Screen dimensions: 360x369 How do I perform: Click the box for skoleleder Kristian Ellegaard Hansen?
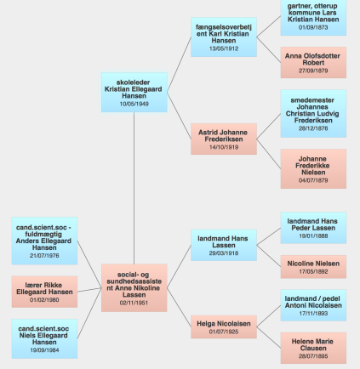pyautogui.click(x=134, y=93)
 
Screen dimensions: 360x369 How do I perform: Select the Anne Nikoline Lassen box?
pyautogui.click(x=134, y=288)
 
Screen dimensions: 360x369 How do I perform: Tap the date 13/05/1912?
pyautogui.click(x=224, y=48)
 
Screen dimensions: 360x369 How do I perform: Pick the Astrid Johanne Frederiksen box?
pyautogui.click(x=224, y=139)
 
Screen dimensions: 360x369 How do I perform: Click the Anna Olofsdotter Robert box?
pyautogui.click(x=313, y=63)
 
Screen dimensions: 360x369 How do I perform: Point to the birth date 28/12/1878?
pyautogui.click(x=313, y=128)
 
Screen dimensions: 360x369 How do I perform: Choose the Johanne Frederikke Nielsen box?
pyautogui.click(x=313, y=169)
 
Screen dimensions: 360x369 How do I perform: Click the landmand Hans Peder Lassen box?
pyautogui.click(x=313, y=228)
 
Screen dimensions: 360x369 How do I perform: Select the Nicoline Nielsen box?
pyautogui.click(x=313, y=267)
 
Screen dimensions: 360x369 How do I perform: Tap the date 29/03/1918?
pyautogui.click(x=224, y=253)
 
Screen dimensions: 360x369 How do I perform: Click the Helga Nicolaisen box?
pyautogui.click(x=224, y=326)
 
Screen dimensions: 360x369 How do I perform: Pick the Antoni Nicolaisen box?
pyautogui.click(x=313, y=305)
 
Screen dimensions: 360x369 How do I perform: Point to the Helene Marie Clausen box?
pyautogui.click(x=313, y=348)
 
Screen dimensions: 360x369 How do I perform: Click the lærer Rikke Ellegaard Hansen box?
pyautogui.click(x=44, y=292)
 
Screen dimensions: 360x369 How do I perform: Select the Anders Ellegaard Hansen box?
pyautogui.click(x=44, y=241)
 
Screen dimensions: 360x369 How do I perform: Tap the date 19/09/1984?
pyautogui.click(x=44, y=350)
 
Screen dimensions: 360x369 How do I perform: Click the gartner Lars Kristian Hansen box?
pyautogui.click(x=313, y=17)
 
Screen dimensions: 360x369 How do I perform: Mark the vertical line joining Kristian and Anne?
pyautogui.click(x=134, y=188)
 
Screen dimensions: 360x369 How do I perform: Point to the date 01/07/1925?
pyautogui.click(x=224, y=332)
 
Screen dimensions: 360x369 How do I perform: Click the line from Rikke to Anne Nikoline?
pyautogui.click(x=89, y=290)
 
